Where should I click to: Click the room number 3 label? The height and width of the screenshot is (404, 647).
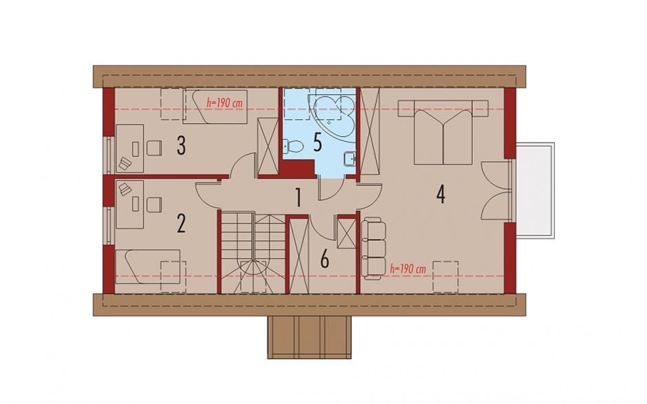181,146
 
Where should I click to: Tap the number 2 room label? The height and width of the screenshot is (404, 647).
181,224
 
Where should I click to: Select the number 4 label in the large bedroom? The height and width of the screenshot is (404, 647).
441,195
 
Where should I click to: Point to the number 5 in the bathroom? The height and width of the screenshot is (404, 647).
317,142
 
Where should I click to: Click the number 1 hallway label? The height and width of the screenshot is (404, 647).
298,198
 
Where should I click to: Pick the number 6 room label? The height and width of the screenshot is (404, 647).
325,260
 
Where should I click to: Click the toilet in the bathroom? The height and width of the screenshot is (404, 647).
293,146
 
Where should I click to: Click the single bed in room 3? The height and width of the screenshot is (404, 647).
215,107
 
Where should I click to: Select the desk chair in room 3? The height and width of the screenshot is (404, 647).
153,148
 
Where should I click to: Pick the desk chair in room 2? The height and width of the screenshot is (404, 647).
153,205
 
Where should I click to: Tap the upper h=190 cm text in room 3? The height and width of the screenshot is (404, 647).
224,103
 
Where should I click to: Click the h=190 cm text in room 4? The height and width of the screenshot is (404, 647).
407,268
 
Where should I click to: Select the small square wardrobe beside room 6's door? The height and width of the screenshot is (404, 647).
346,233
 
